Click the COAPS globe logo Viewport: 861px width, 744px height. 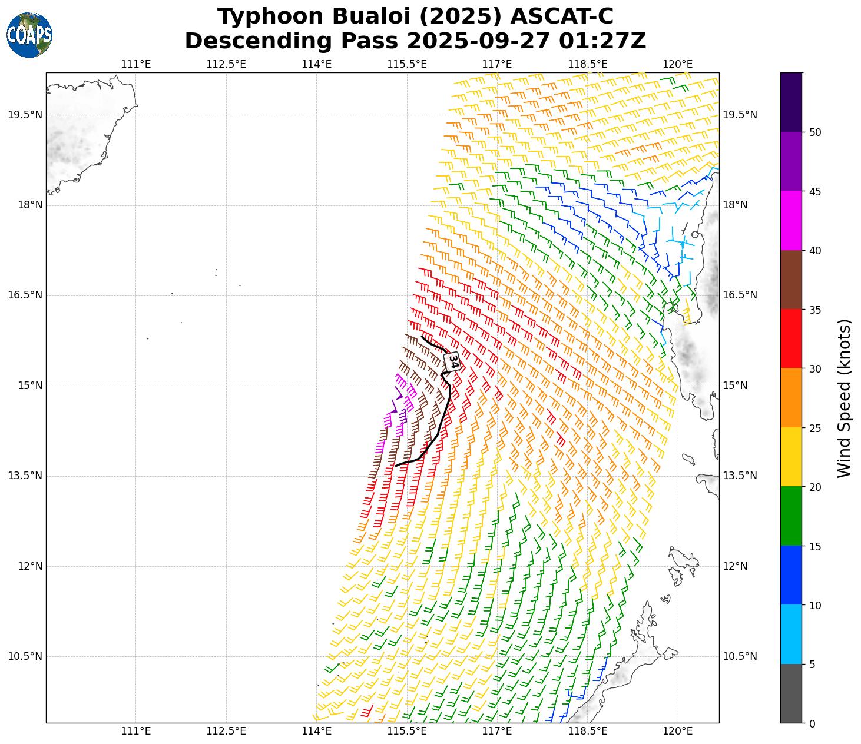(x=29, y=35)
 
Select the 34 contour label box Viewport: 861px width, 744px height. (x=452, y=361)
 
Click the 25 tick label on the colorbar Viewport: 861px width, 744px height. (x=815, y=428)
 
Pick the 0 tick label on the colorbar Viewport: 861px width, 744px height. (x=812, y=723)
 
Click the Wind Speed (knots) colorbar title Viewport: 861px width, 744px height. (x=844, y=398)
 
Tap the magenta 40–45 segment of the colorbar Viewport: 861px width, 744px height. (x=791, y=221)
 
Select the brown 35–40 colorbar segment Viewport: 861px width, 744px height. (x=791, y=280)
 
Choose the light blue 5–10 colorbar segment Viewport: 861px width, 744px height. (x=791, y=635)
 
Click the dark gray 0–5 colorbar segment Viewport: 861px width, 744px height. (x=791, y=693)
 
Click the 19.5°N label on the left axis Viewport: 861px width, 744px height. (x=25, y=115)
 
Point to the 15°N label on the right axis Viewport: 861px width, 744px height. (x=735, y=386)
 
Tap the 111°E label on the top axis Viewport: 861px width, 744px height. (x=136, y=64)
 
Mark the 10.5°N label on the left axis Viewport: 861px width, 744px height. (x=25, y=656)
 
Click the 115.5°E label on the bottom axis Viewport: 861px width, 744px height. (x=407, y=731)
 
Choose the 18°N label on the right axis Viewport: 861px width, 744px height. (x=735, y=205)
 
